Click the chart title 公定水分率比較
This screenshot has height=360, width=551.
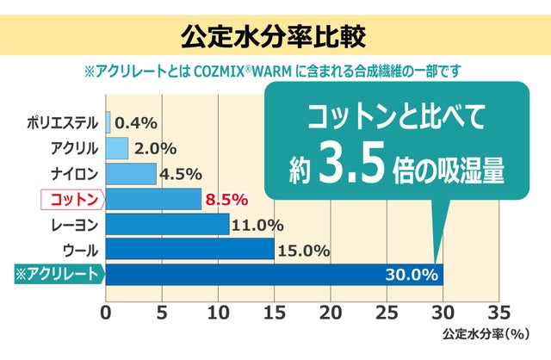pyautogui.click(x=275, y=37)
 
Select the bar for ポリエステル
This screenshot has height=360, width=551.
pyautogui.click(x=108, y=122)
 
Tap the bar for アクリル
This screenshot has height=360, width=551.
pyautogui.click(x=117, y=147)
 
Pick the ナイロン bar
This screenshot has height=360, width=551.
pyautogui.click(x=131, y=173)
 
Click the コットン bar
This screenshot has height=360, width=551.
pyautogui.click(x=153, y=199)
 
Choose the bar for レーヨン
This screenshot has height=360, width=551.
pyautogui.click(x=167, y=225)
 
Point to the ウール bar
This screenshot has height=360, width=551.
pyautogui.click(x=189, y=250)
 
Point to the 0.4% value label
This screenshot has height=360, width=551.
pyautogui.click(x=135, y=122)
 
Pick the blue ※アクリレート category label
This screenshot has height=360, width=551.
pyautogui.click(x=58, y=276)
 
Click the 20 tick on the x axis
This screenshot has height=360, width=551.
pyautogui.click(x=331, y=311)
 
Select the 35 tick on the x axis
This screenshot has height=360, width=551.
pyautogui.click(x=498, y=311)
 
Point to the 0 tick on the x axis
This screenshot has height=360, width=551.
pyautogui.click(x=106, y=311)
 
